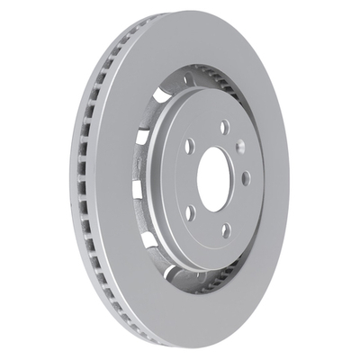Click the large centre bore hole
click(x=214, y=179)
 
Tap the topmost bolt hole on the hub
click(x=224, y=127)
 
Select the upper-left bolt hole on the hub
click(x=190, y=145)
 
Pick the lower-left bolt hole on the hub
click(x=191, y=213)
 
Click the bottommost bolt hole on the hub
click(x=225, y=231)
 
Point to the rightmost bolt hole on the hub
click(x=246, y=178)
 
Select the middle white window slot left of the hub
click(x=137, y=190)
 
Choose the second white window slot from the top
click(x=142, y=138)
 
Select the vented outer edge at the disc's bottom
click(x=135, y=328)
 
